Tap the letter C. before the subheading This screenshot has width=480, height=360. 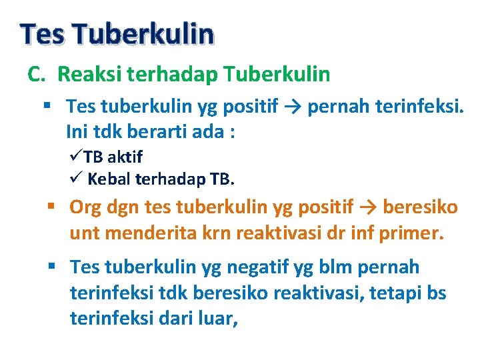tap(35, 74)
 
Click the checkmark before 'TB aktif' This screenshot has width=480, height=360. tap(75, 157)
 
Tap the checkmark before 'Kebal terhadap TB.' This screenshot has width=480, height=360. tap(75, 179)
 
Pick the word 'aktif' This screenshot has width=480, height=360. tap(125, 157)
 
